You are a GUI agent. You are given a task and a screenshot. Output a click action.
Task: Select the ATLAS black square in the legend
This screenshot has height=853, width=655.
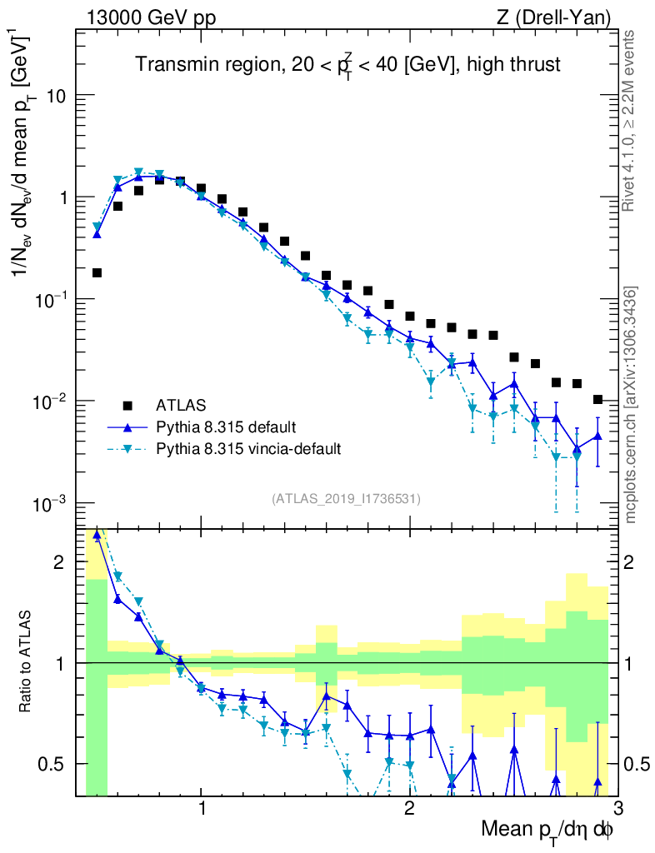point(127,406)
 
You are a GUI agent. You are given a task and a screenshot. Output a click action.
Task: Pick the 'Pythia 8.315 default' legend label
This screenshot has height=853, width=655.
point(225,427)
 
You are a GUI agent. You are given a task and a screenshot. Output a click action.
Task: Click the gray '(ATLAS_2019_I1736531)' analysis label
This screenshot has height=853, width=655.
point(346,499)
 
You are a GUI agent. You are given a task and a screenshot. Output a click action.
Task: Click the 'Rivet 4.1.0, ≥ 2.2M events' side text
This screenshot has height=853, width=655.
point(632,120)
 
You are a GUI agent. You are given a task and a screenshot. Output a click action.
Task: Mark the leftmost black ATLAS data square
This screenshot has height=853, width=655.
point(97,272)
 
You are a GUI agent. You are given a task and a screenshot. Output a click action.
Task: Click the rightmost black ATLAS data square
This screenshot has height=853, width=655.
point(597,400)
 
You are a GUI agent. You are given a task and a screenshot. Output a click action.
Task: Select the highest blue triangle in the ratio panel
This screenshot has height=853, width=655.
point(97,536)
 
